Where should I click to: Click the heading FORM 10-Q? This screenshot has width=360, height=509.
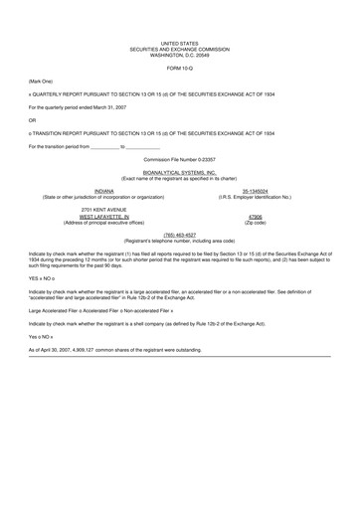180,67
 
